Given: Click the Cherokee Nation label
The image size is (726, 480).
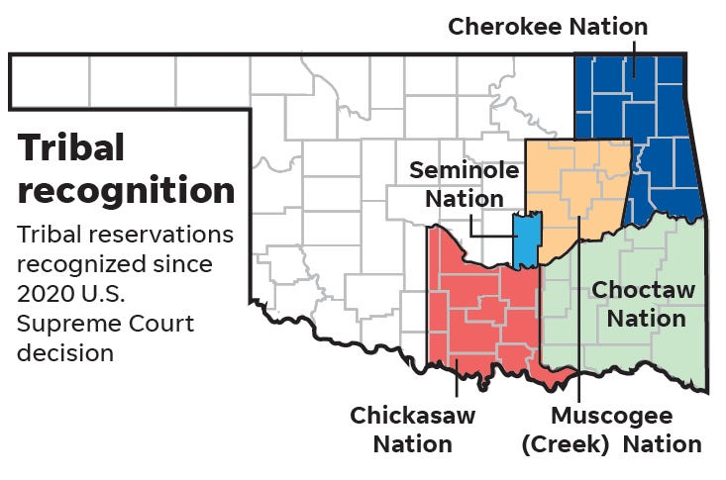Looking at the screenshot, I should (x=547, y=27).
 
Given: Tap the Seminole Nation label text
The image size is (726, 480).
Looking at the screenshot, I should (x=464, y=184).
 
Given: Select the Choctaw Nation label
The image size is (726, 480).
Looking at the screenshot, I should (x=644, y=304).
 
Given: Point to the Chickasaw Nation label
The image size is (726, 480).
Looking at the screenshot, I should (x=412, y=430).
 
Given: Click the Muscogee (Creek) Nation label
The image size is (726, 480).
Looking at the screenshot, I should (x=611, y=430).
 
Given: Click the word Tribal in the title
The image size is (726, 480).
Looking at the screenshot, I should (x=71, y=147).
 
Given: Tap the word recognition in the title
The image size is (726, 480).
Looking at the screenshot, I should (x=126, y=190).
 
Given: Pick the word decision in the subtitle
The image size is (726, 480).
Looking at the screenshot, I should (x=65, y=352).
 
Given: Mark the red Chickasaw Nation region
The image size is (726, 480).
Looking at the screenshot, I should (x=475, y=307).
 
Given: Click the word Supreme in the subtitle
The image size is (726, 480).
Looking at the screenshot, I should (x=61, y=324).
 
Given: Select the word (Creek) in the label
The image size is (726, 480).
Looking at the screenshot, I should (x=566, y=444).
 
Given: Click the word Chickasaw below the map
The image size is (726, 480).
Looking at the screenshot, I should (x=412, y=416).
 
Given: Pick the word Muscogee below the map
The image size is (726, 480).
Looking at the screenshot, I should (x=611, y=416).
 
